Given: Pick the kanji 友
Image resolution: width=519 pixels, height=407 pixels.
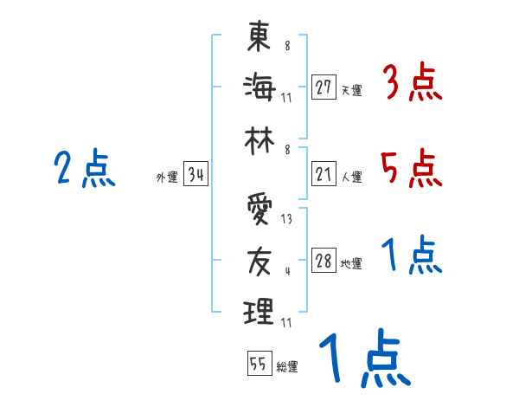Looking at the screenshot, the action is [x=259, y=259].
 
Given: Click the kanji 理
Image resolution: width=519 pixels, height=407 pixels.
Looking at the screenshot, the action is [x=259, y=310].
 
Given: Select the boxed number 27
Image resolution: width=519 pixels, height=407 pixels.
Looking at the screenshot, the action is [x=324, y=87].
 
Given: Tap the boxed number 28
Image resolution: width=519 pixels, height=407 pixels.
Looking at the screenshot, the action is [x=324, y=262].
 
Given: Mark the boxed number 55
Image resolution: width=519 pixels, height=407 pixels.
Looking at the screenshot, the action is [x=259, y=364].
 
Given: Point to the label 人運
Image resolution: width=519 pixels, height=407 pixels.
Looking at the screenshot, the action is [x=352, y=178].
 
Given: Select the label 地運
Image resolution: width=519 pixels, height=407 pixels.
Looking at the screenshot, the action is [x=352, y=264].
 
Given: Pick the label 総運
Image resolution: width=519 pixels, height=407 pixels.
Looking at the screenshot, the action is [x=287, y=366].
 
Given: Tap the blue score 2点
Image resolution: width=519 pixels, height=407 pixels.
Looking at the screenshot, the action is [x=84, y=168].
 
